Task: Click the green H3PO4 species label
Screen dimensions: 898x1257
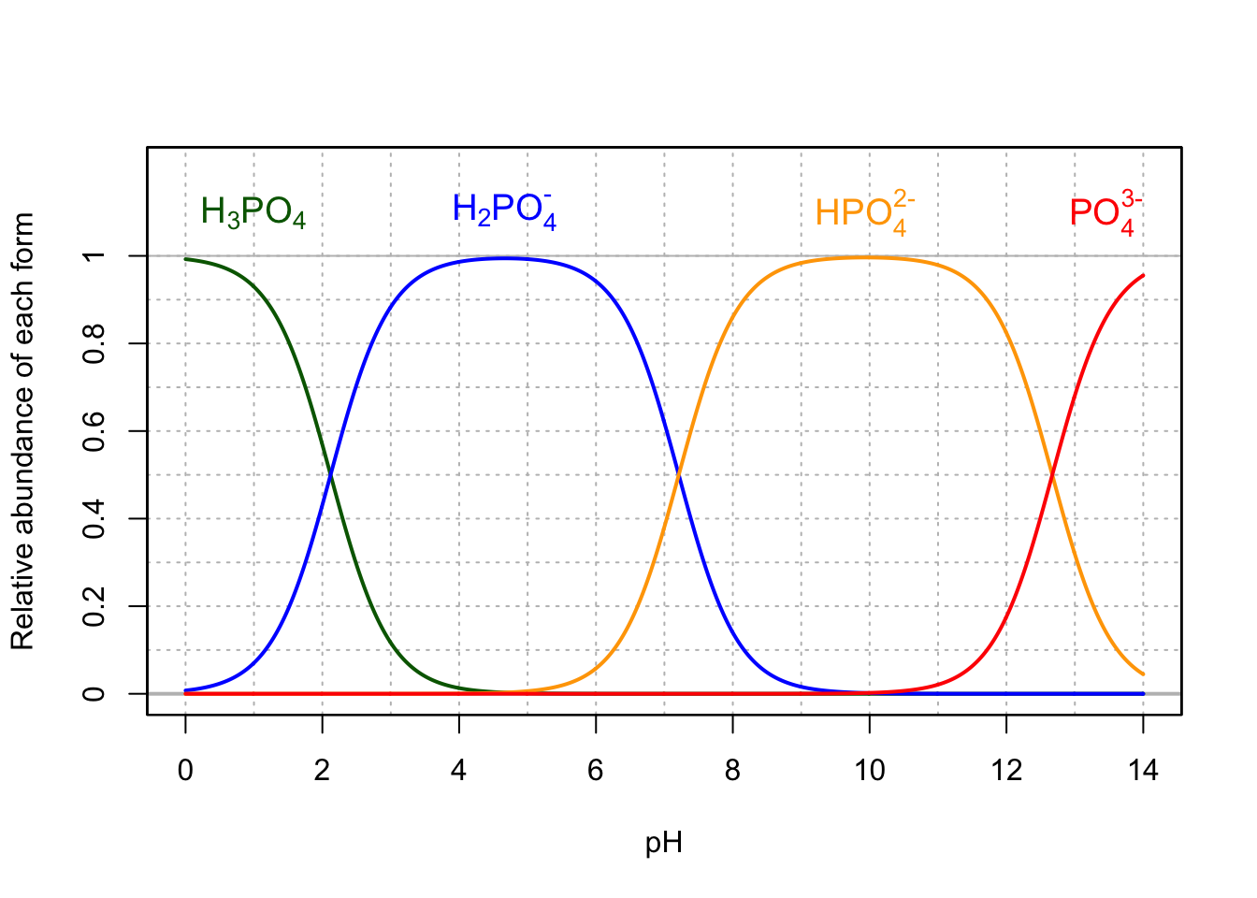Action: coord(253,213)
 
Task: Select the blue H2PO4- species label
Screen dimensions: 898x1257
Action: coord(504,210)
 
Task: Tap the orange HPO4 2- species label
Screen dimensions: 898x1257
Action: coord(864,212)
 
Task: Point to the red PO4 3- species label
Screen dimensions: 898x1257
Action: coord(1105,212)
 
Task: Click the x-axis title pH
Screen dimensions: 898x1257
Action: coord(664,843)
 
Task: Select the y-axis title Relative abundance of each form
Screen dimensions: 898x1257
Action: coord(22,430)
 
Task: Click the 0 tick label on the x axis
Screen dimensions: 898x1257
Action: coord(185,771)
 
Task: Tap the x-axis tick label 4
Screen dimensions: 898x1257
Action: coord(458,771)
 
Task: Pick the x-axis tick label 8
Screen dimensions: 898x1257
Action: coord(732,771)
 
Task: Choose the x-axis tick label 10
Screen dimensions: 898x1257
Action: coord(869,771)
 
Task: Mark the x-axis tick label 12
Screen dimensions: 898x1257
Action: coord(1006,771)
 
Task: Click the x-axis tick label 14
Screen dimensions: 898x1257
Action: coord(1143,771)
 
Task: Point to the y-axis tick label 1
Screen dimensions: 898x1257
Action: coord(94,255)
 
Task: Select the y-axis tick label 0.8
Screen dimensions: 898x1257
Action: coord(94,343)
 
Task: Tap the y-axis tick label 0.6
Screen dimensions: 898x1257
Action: coord(94,431)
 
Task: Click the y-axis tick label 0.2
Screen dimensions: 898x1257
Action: coord(94,606)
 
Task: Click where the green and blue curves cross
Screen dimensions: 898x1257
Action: coord(330,475)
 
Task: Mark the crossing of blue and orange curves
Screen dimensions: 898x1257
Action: coord(678,475)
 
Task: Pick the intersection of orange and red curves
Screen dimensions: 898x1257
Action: coord(1053,475)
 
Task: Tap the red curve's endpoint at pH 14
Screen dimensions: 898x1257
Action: coord(1143,275)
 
